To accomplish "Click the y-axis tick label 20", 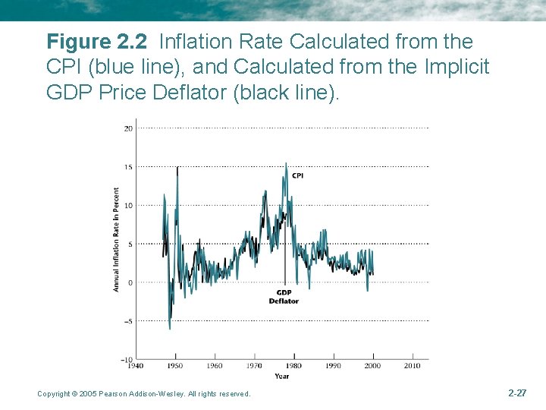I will [128, 128].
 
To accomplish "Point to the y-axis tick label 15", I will [128, 167].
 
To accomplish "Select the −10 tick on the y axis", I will [127, 359].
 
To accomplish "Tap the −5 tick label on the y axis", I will [127, 321].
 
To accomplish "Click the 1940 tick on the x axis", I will [135, 366].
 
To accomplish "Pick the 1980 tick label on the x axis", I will [293, 366].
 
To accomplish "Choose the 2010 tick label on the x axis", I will [413, 366].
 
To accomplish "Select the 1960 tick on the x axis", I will [215, 366].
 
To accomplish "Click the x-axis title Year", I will [281, 375].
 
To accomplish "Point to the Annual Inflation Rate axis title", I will [117, 239].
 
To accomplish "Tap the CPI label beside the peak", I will [297, 175].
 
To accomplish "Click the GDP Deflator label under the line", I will [284, 297].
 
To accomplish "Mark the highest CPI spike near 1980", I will [286, 163].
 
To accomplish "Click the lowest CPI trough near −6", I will [169, 328].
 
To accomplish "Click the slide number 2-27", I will [516, 393].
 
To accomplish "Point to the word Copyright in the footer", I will [53, 393].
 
